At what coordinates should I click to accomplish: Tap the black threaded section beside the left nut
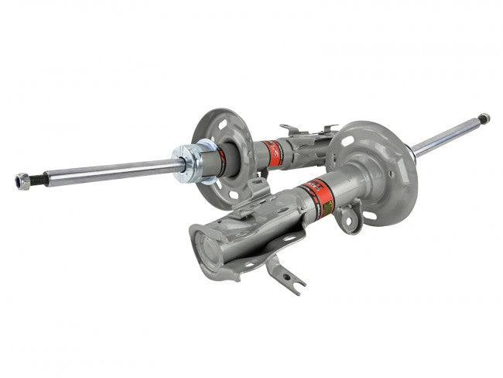[39, 178]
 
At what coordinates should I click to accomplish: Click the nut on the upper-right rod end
[484, 119]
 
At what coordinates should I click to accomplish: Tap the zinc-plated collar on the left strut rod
[190, 161]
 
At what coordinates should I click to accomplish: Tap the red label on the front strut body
[317, 190]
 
